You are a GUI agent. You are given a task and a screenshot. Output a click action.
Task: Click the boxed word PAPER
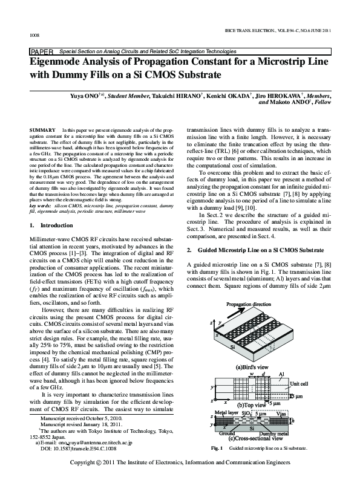pyautogui.click(x=41, y=52)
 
